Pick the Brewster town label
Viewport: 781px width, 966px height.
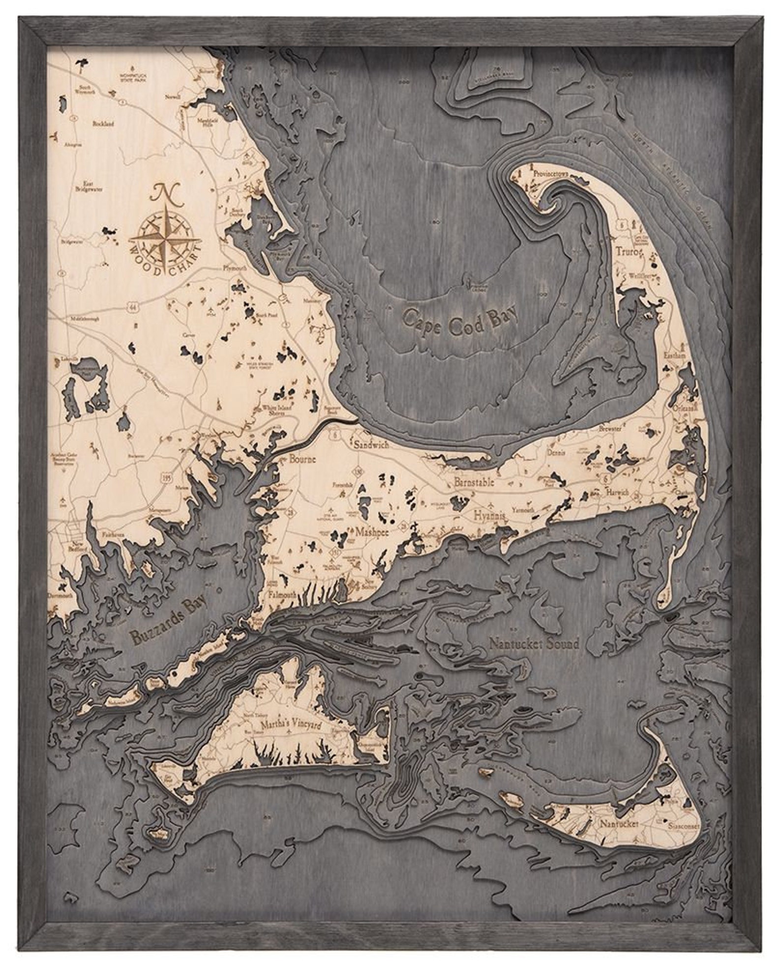tap(610, 428)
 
